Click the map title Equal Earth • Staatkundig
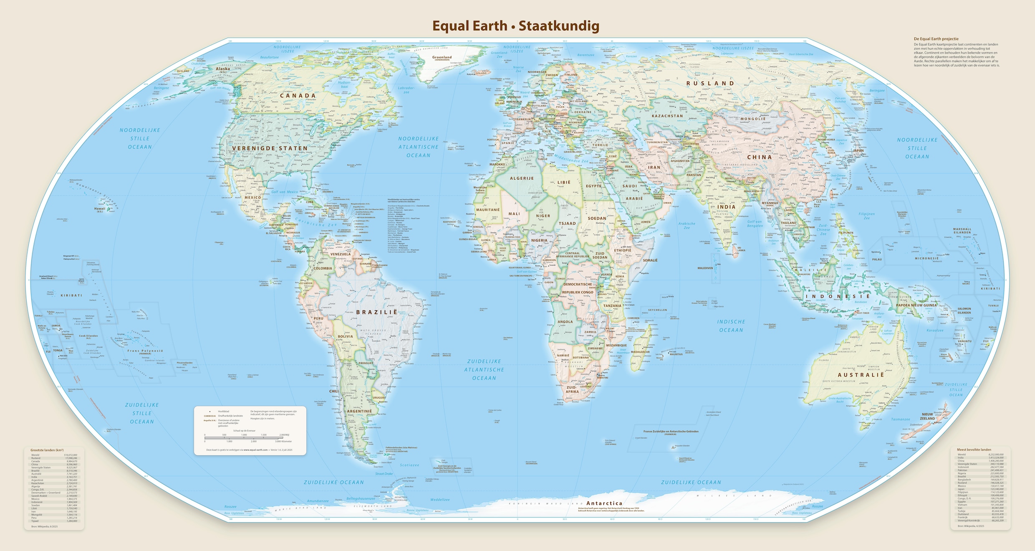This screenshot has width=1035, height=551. click(515, 26)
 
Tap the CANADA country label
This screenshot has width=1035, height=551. click(298, 96)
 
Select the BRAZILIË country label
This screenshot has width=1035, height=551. click(376, 312)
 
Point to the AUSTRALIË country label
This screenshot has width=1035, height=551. click(861, 375)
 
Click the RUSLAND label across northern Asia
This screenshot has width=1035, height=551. click(710, 84)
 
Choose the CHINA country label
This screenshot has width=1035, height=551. click(759, 157)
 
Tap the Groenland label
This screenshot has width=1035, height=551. click(442, 57)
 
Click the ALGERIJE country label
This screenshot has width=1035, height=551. click(522, 178)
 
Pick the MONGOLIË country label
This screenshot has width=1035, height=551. click(753, 119)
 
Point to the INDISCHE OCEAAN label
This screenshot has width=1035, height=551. click(731, 326)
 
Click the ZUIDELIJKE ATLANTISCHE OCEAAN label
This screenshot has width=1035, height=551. click(484, 370)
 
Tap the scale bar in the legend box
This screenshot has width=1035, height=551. click(244, 437)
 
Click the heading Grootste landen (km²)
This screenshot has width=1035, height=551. click(47, 450)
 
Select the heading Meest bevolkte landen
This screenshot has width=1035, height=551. click(974, 450)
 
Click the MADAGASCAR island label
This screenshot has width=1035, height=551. click(640, 352)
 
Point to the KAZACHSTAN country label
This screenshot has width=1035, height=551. click(667, 116)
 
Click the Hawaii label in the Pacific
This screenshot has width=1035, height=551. click(100, 208)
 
